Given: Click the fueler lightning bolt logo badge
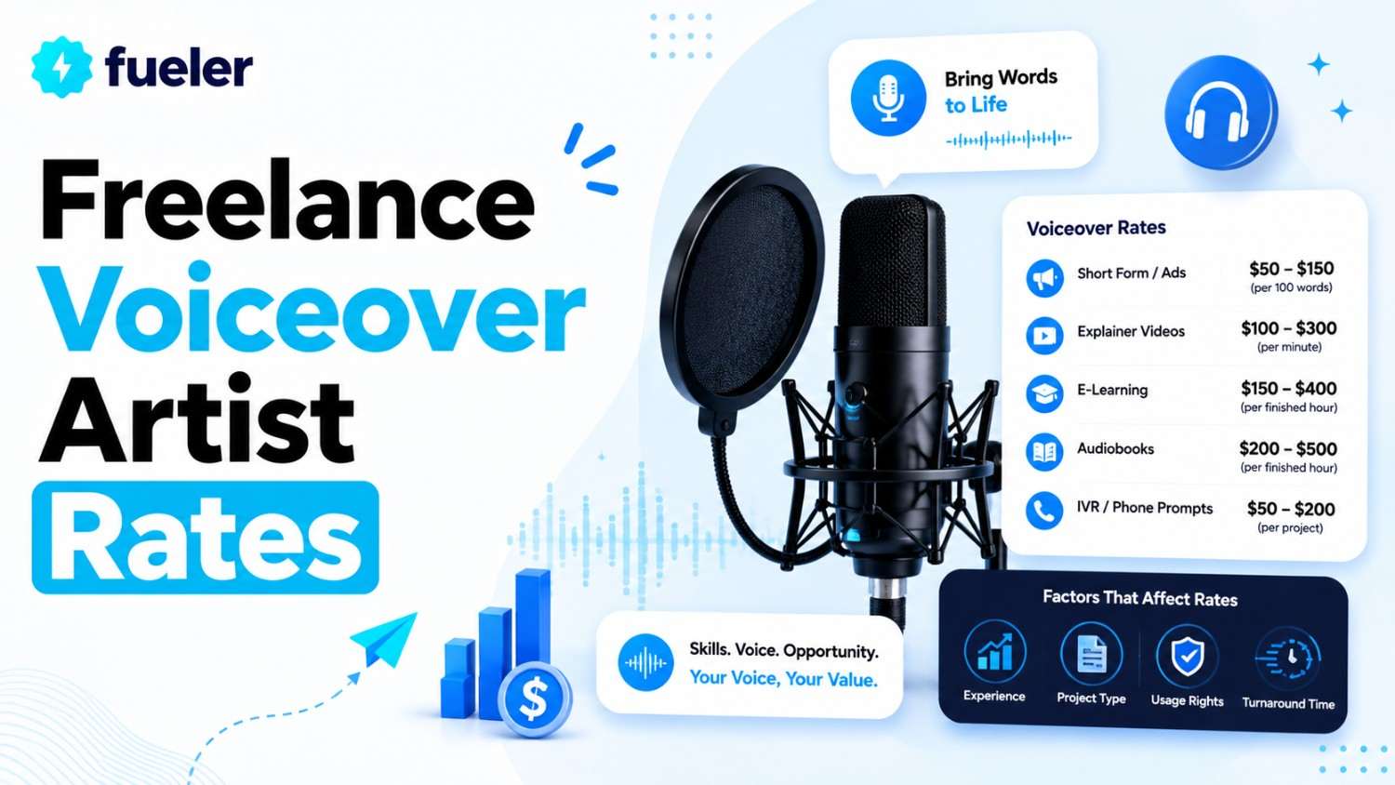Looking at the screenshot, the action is click(61, 67).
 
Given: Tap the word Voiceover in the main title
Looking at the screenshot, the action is click(312, 309).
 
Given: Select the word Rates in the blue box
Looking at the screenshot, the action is click(206, 537).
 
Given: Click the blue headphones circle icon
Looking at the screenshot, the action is click(1220, 113).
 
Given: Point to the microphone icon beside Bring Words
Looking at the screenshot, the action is click(889, 98).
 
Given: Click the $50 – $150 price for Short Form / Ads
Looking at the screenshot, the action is click(1291, 269).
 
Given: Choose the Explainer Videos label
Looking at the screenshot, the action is click(1131, 331).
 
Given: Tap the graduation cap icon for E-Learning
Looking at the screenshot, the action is click(1044, 393).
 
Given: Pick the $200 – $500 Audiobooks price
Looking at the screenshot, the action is click(1288, 448).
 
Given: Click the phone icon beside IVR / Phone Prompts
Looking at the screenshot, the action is click(1044, 511).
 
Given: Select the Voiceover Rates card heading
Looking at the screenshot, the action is click(1096, 228).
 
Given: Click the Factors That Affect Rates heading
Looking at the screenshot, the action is click(1139, 598).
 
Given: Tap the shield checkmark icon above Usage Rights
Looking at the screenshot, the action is click(1187, 656).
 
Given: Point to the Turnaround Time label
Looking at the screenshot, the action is click(1288, 703).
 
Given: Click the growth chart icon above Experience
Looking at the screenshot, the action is click(994, 652).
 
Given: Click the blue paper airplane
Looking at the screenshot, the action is click(386, 639).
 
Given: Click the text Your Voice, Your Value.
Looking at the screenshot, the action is click(783, 678).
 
